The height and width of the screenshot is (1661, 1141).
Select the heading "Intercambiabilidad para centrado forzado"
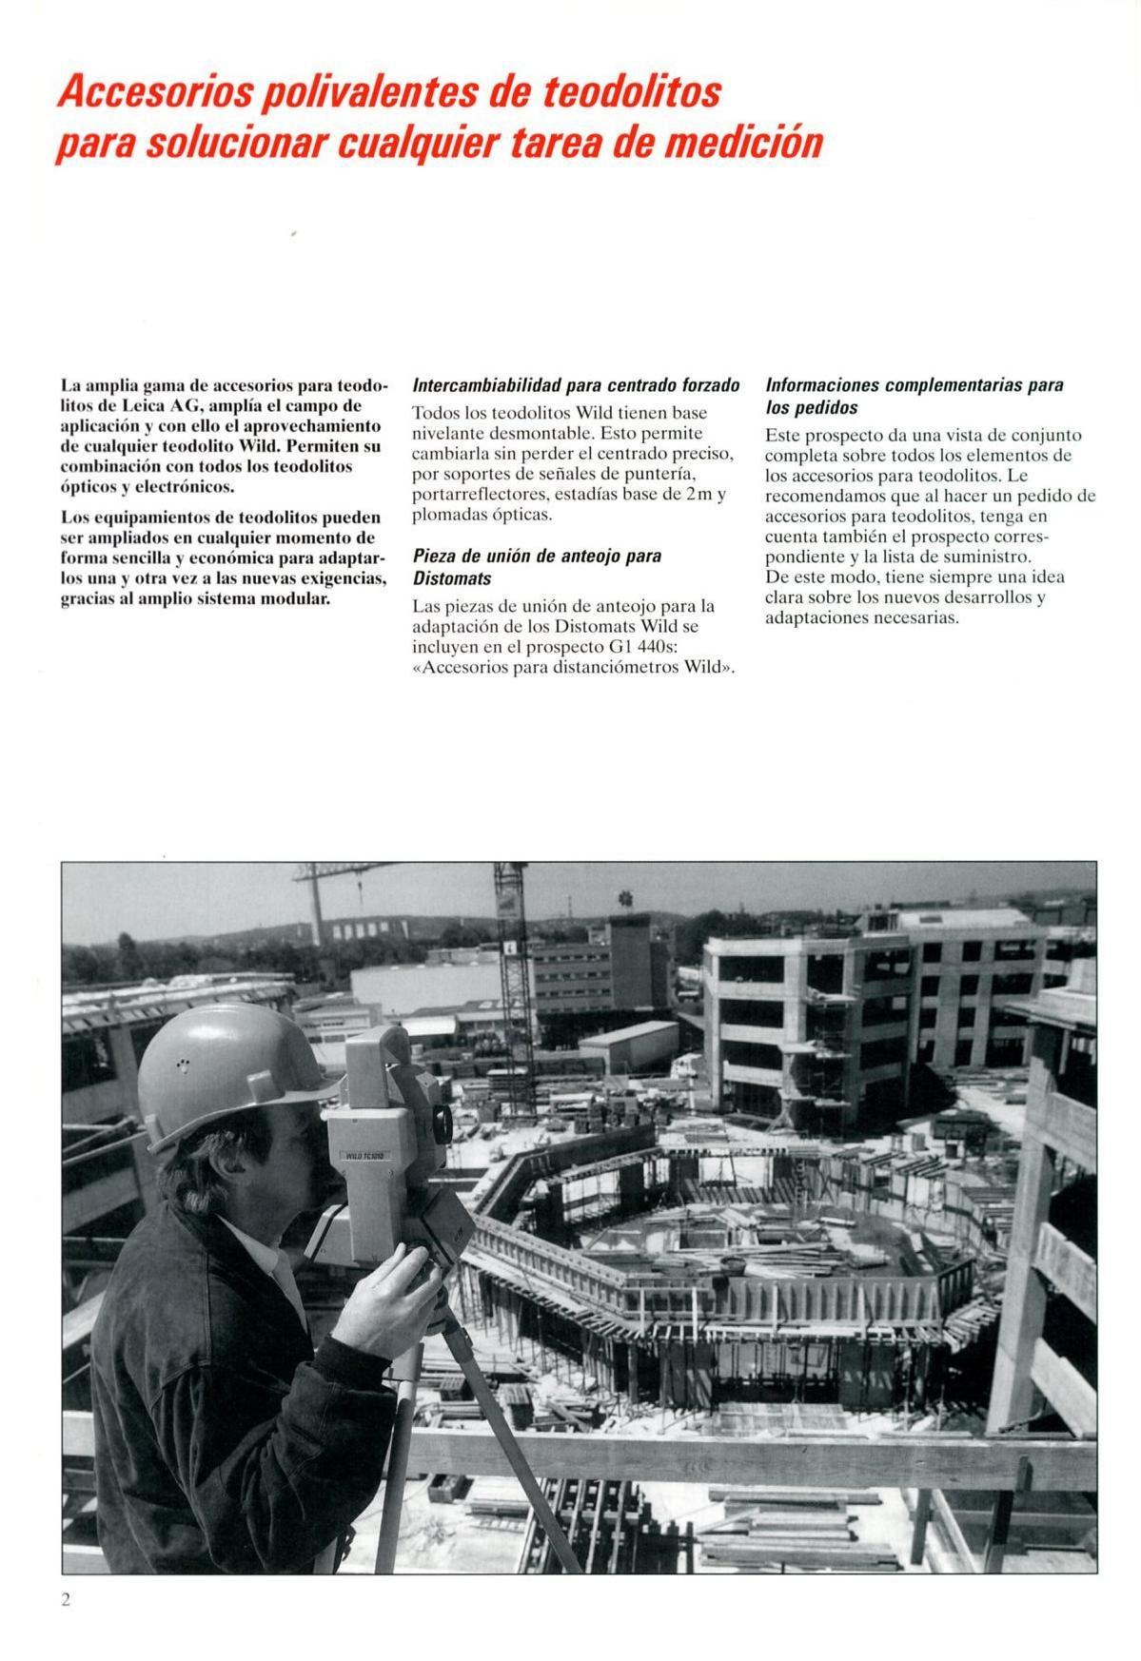pyautogui.click(x=576, y=386)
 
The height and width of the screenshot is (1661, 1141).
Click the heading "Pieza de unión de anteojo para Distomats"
pyautogui.click(x=537, y=566)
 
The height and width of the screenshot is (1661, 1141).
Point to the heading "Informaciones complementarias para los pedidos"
pyautogui.click(x=914, y=397)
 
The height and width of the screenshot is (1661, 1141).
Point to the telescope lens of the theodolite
pyautogui.click(x=443, y=1123)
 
